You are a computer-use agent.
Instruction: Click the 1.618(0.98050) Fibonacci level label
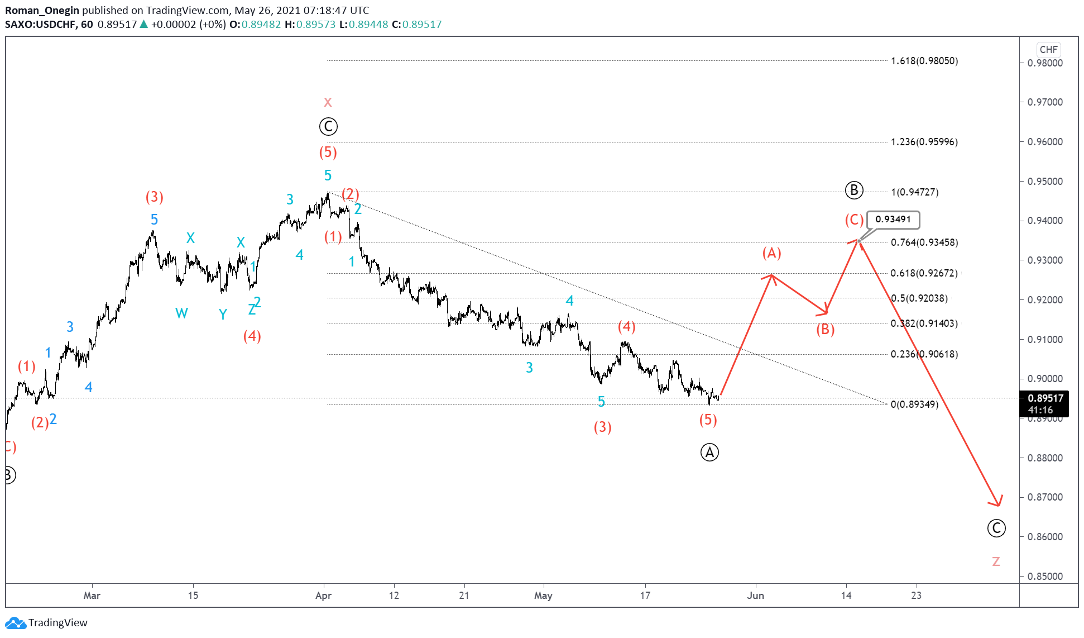[x=924, y=61]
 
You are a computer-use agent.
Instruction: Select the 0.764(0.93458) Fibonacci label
[x=924, y=242]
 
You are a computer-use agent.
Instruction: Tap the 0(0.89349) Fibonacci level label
[x=914, y=404]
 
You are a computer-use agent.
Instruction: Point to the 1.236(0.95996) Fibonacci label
[x=924, y=142]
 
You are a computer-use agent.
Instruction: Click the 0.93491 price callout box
[x=893, y=220]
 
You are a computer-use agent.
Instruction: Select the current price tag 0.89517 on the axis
[x=1045, y=398]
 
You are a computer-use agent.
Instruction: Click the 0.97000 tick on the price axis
[x=1045, y=102]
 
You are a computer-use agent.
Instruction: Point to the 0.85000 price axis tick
[x=1045, y=577]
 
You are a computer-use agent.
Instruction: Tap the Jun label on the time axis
[x=755, y=596]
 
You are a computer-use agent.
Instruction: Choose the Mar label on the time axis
[x=92, y=596]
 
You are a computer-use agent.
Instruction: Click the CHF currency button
[x=1048, y=50]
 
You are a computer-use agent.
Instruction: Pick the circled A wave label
[x=709, y=453]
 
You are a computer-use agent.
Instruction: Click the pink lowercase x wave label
[x=328, y=102]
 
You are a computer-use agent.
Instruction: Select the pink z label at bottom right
[x=996, y=561]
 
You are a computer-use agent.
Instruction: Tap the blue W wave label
[x=181, y=313]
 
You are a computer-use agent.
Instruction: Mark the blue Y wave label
[x=223, y=315]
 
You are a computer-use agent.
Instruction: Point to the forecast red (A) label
[x=771, y=253]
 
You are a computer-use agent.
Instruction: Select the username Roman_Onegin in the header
[x=42, y=11]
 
